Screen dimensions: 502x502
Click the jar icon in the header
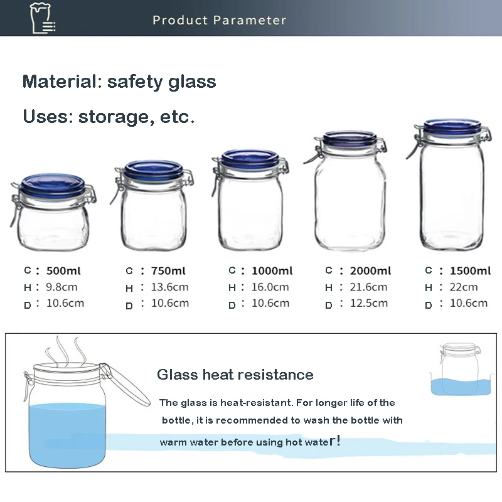click(42, 18)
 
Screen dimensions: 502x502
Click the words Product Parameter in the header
click(219, 20)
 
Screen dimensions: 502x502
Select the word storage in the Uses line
click(114, 117)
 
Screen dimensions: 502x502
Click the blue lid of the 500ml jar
click(53, 184)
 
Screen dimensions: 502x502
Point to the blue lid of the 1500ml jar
click(452, 126)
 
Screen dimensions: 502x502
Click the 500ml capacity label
click(63, 271)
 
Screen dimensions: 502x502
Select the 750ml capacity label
click(168, 271)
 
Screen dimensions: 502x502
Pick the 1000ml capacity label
click(272, 271)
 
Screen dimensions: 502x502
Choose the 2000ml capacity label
click(370, 271)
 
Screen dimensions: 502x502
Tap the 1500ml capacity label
click(470, 271)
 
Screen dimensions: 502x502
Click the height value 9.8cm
click(61, 287)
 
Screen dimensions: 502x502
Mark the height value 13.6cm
click(169, 287)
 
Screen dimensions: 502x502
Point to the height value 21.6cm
click(368, 287)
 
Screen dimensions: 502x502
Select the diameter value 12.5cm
click(369, 303)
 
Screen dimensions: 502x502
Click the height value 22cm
click(464, 287)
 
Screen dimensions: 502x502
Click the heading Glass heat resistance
click(235, 375)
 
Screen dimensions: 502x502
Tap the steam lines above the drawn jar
click(65, 351)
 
